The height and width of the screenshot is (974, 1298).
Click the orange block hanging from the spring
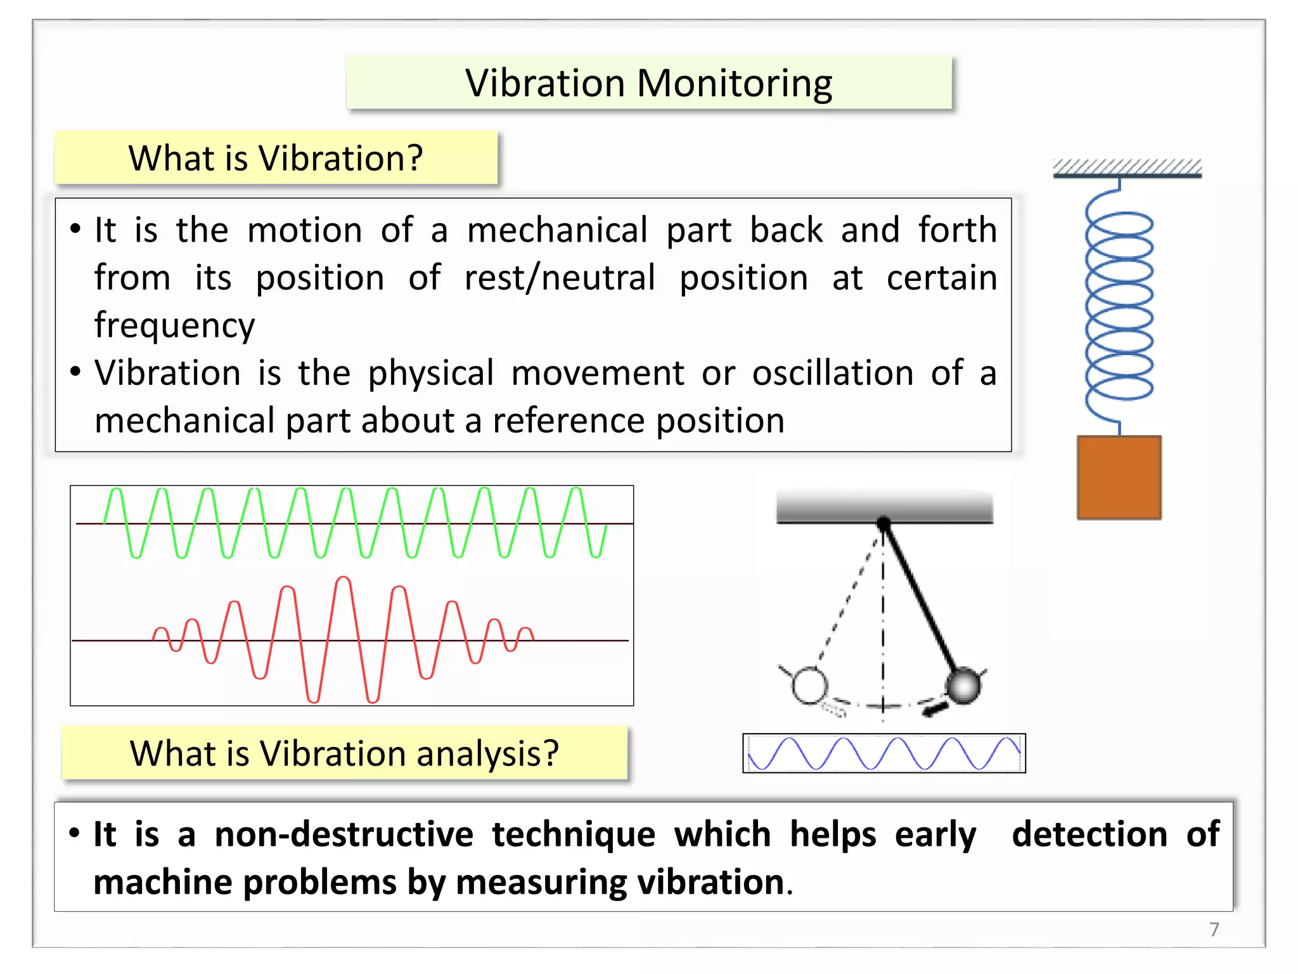click(1119, 477)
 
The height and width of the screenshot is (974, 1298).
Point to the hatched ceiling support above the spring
click(1127, 168)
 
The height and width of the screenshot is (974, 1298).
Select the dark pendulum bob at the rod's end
click(963, 685)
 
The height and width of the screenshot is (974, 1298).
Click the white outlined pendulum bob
click(809, 685)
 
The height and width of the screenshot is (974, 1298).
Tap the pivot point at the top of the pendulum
click(884, 523)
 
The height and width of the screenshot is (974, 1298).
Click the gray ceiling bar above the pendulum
click(884, 507)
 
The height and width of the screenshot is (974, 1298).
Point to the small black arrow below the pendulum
click(935, 708)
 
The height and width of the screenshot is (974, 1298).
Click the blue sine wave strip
click(884, 753)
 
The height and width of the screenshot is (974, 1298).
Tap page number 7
click(1214, 929)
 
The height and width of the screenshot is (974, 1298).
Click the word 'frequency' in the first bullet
click(174, 325)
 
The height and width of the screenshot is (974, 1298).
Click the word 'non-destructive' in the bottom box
click(344, 834)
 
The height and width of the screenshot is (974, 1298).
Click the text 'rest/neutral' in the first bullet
click(560, 278)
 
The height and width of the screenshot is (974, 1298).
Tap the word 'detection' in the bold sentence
click(1089, 834)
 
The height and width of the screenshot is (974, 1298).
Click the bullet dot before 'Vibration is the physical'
click(75, 372)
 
